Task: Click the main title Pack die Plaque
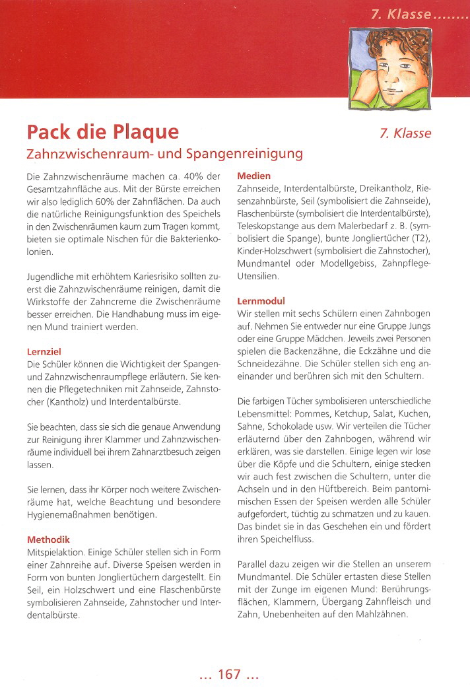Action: point(102,132)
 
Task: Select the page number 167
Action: point(229,674)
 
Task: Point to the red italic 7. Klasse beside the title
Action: point(405,133)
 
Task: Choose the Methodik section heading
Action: point(48,539)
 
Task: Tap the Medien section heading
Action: point(253,176)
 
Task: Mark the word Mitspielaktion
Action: point(55,551)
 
